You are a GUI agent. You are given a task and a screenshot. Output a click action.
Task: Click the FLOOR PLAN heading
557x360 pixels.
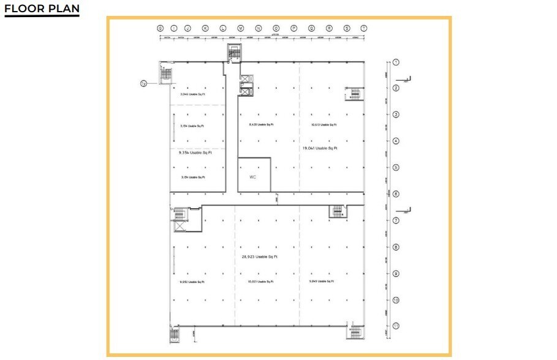pos(42,9)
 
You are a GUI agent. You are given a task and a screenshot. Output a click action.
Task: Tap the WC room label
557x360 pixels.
pos(252,177)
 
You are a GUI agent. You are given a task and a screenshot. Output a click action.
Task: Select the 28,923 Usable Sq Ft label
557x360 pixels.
pos(260,257)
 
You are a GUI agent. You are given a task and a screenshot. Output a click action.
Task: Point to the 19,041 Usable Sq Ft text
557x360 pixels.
pos(320,148)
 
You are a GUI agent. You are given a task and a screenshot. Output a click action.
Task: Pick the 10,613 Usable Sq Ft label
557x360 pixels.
pos(324,125)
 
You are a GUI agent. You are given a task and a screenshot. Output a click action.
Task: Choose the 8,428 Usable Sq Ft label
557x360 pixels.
pos(261,125)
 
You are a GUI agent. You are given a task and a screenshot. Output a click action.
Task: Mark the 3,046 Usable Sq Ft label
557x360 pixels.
pos(192,95)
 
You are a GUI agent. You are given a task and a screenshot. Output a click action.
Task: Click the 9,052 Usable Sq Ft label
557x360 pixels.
pos(192,282)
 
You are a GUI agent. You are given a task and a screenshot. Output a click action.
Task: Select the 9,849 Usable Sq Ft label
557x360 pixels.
pos(322,281)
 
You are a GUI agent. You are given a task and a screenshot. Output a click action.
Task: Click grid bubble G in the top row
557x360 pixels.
pos(160,28)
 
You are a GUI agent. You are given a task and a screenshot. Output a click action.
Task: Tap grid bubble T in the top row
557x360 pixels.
pos(364,28)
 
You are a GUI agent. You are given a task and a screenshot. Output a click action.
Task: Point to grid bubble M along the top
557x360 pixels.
pos(241,28)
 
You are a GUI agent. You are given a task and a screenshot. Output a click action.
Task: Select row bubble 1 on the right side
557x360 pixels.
pos(396,62)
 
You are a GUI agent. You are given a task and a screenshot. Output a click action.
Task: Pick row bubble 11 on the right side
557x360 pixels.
pos(396,326)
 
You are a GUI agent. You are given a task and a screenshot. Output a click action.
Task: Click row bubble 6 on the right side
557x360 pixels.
pos(396,194)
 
